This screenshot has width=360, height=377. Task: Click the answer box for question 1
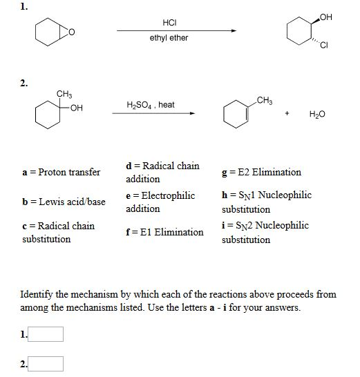[x=47, y=335]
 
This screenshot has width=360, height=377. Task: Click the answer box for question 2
[x=47, y=363]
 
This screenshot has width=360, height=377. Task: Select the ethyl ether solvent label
[x=169, y=38]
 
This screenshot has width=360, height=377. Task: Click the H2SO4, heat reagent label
[x=151, y=105]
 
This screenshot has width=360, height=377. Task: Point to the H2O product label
[x=317, y=114]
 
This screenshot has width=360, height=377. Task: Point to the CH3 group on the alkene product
[x=264, y=101]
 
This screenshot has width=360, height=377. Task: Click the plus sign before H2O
[x=286, y=114]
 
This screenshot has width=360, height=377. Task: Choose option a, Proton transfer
[x=61, y=172]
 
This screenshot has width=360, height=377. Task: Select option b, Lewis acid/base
[x=63, y=202]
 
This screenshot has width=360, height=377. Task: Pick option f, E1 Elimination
[x=164, y=232]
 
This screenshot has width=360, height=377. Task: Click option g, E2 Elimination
[x=260, y=172]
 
